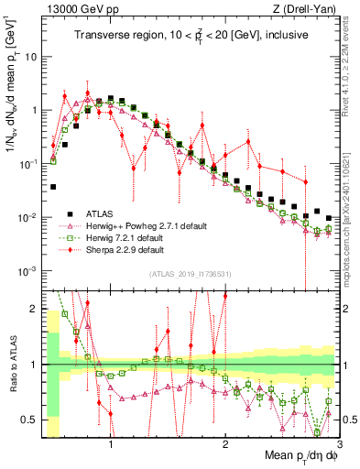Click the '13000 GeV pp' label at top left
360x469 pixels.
(x=75, y=8)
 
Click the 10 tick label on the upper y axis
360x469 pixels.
(x=30, y=56)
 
